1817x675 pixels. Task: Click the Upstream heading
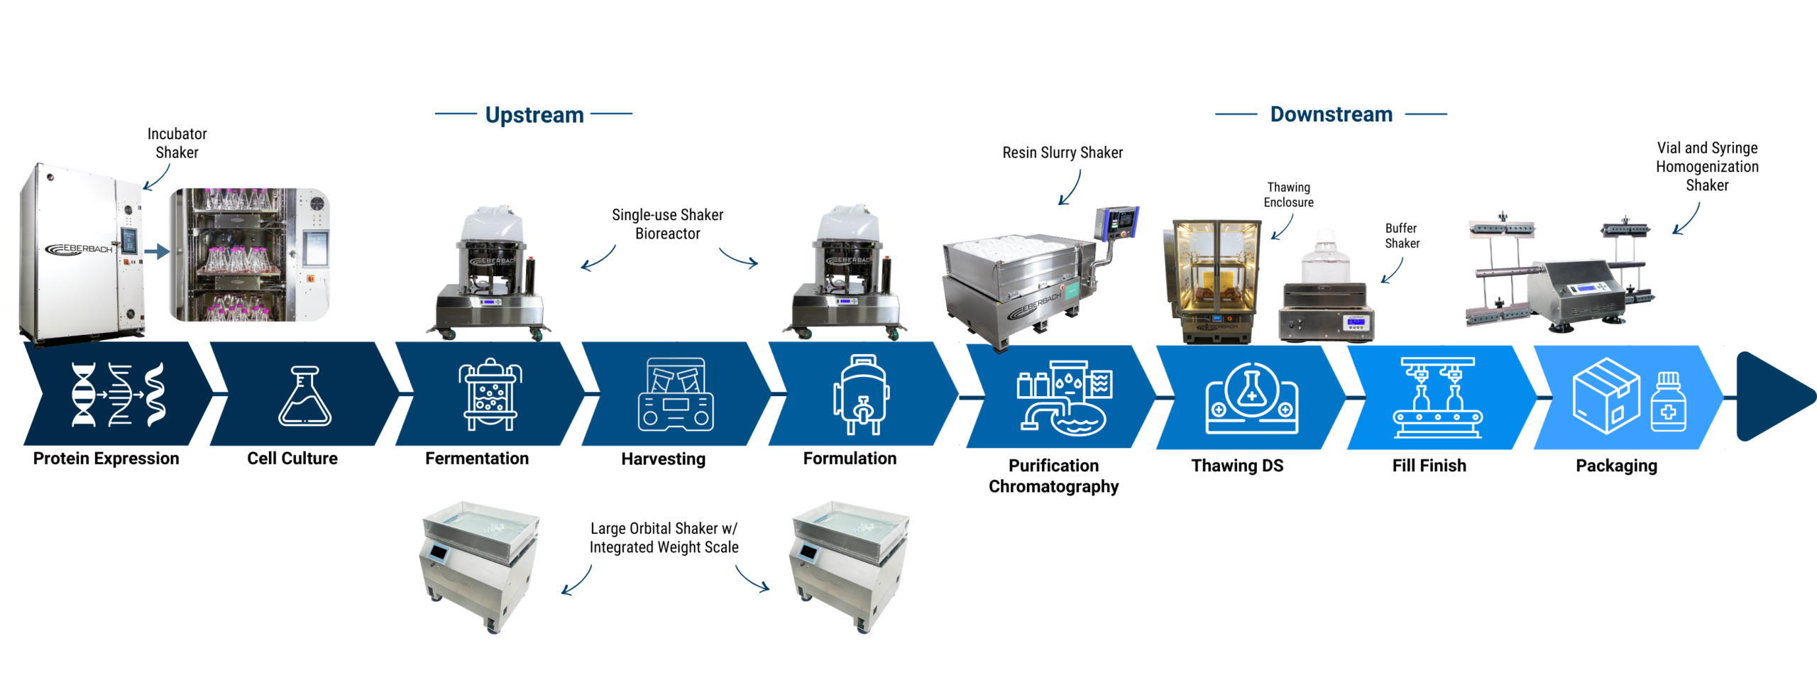(534, 115)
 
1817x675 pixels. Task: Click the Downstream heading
(1331, 114)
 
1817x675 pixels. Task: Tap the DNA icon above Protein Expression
(119, 395)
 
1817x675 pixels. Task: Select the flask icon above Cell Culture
(304, 395)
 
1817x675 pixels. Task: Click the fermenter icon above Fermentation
(490, 394)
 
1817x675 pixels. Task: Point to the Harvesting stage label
(663, 459)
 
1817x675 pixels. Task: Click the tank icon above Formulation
(861, 394)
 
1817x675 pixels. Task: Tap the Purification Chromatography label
(1053, 476)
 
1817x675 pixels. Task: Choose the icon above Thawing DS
(1252, 398)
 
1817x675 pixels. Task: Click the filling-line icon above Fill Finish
(1437, 397)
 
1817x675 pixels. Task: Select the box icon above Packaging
(1629, 396)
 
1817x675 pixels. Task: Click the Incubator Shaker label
(177, 143)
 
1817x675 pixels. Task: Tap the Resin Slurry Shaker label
(1062, 153)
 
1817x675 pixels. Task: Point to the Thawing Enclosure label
(1288, 194)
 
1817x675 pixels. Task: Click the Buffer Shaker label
(1402, 236)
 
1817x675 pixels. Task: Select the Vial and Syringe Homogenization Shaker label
(1707, 167)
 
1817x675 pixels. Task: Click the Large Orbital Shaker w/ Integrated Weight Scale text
(664, 538)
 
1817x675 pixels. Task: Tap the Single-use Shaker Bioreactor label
(667, 224)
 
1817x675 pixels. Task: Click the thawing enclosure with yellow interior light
(1212, 281)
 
